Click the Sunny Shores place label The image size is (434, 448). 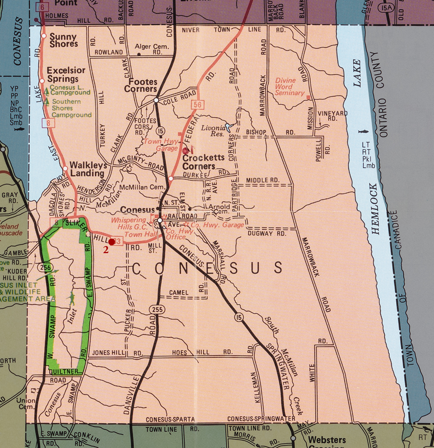63,40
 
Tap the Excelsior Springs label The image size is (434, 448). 66,74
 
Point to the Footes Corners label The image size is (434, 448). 140,85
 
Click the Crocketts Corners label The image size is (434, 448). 203,162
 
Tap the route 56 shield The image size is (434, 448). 197,105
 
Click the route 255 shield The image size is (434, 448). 157,309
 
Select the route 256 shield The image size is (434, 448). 44,267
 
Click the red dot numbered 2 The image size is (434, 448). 111,242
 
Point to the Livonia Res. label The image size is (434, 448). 213,131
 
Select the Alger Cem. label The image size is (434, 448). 152,47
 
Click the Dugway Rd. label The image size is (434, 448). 267,234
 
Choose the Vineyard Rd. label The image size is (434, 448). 332,116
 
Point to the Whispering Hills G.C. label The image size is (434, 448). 129,224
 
